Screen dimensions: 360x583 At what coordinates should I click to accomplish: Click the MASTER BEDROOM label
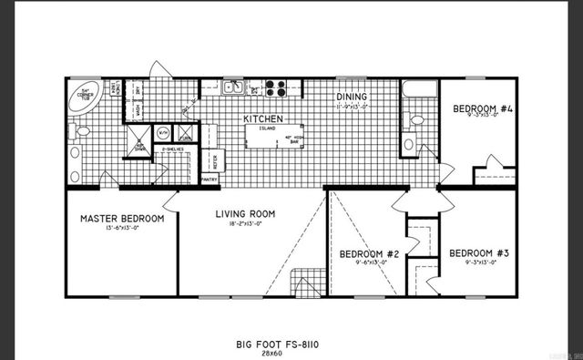click(x=122, y=219)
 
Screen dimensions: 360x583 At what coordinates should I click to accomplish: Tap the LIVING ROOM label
click(x=245, y=214)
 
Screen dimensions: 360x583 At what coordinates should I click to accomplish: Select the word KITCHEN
click(x=261, y=119)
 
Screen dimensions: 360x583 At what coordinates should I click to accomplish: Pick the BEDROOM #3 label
click(x=478, y=252)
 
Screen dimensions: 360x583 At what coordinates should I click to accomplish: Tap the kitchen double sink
click(x=234, y=88)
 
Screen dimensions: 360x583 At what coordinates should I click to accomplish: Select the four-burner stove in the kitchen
click(x=276, y=88)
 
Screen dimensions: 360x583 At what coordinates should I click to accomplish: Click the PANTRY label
click(x=209, y=180)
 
